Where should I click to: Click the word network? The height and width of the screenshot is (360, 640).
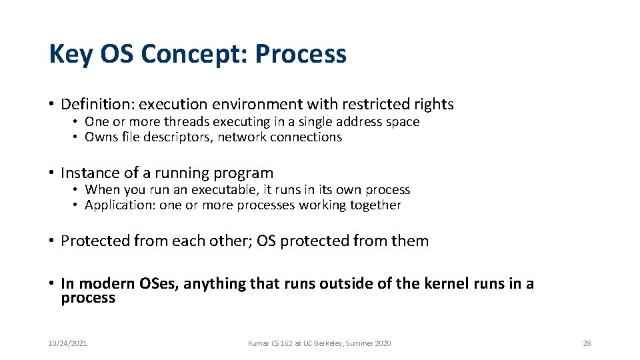(242, 137)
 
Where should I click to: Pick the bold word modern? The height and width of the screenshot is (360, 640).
(107, 284)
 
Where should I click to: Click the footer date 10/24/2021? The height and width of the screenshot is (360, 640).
(67, 343)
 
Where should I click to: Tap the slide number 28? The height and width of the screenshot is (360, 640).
(587, 343)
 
